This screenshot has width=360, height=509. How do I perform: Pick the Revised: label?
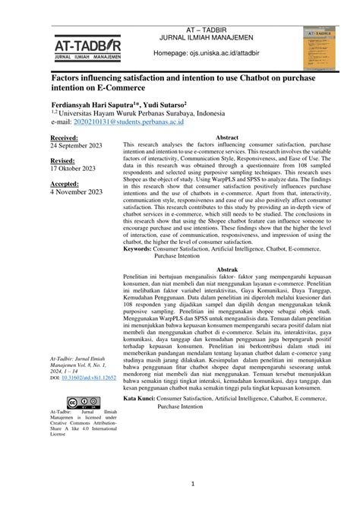tap(63, 161)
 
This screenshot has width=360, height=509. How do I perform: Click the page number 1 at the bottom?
tap(193, 484)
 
